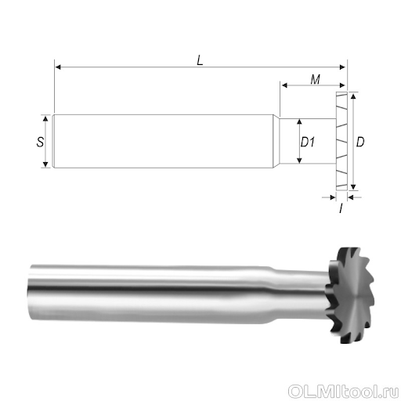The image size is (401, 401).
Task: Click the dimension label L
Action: click(x=200, y=60)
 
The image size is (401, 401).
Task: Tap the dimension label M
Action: click(x=316, y=79)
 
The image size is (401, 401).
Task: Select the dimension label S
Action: click(x=40, y=142)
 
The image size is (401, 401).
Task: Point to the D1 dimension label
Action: click(x=308, y=142)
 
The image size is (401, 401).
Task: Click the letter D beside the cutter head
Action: click(x=360, y=142)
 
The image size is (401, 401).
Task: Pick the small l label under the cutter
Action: click(x=341, y=208)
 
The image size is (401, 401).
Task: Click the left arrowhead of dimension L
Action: click(x=58, y=67)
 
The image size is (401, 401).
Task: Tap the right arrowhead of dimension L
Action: click(x=342, y=67)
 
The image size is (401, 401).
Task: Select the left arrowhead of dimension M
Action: click(x=285, y=85)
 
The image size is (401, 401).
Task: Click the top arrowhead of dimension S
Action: click(x=45, y=119)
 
